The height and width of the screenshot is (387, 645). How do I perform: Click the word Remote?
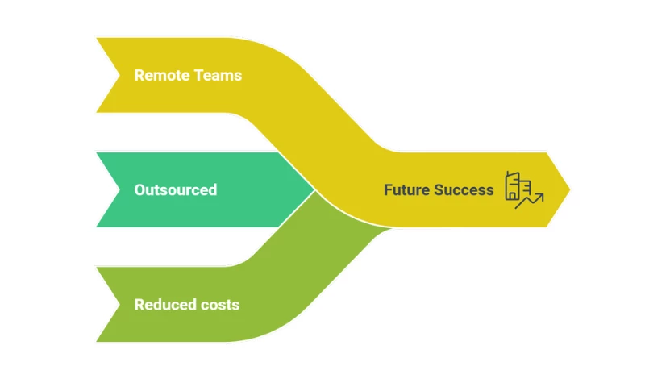point(162,75)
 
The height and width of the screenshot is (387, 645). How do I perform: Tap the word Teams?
point(218,75)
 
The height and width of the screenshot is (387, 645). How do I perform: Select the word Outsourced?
point(176,190)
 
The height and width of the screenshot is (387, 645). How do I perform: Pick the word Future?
point(407,190)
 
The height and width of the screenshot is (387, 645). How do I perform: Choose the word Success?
point(464,190)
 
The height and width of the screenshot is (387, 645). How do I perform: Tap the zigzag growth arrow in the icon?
point(530,201)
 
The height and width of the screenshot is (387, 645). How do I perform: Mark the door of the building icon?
point(513,196)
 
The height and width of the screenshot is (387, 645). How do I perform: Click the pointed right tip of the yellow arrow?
point(570,190)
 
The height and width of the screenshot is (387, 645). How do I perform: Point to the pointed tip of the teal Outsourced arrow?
point(314,190)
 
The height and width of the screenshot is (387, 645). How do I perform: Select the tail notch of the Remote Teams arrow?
point(119,75)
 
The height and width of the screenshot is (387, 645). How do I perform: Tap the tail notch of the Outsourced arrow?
point(119,190)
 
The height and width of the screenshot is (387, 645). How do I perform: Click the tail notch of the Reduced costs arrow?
point(119,305)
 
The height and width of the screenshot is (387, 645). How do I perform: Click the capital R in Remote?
point(139,75)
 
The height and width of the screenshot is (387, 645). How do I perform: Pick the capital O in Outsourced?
point(139,190)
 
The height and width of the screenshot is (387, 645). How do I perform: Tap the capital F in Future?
point(388,190)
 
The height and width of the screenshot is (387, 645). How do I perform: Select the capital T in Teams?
point(198,75)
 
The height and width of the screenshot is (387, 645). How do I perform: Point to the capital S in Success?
point(439,190)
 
